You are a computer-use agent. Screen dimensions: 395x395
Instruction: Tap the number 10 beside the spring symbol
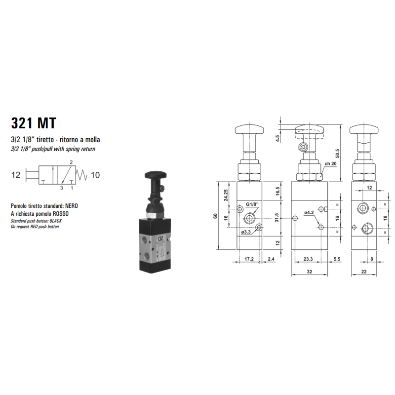[x=95, y=174]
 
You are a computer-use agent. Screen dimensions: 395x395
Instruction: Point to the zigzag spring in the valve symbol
[x=82, y=174]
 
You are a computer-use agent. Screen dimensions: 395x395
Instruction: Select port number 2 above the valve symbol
[x=71, y=162]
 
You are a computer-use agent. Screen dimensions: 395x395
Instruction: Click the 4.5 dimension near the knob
[x=278, y=138]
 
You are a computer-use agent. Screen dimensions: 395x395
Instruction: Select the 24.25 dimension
[x=226, y=197]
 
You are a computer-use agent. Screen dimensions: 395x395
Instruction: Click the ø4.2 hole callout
[x=309, y=213]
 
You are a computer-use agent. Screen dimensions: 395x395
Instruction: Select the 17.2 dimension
[x=249, y=258]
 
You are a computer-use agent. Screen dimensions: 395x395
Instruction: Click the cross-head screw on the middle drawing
[x=303, y=147]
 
